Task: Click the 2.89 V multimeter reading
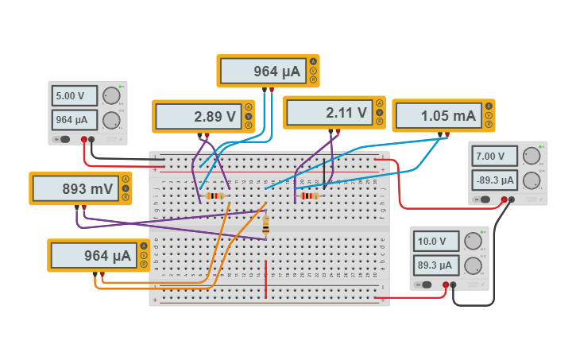point(199,117)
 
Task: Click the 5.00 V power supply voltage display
point(75,96)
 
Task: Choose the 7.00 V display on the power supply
point(495,156)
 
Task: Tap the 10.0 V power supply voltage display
point(436,241)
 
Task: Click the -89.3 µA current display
point(495,180)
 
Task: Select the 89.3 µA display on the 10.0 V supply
point(436,265)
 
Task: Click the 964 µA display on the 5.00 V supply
point(75,120)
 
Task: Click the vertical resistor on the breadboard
point(265,225)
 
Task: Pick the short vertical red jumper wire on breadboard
point(265,278)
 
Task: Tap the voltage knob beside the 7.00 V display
point(531,156)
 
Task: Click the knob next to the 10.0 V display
point(473,241)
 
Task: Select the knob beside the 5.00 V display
point(111,96)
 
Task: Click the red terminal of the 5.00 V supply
point(83,139)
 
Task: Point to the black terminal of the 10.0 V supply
point(453,284)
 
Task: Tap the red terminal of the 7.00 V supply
point(504,199)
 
